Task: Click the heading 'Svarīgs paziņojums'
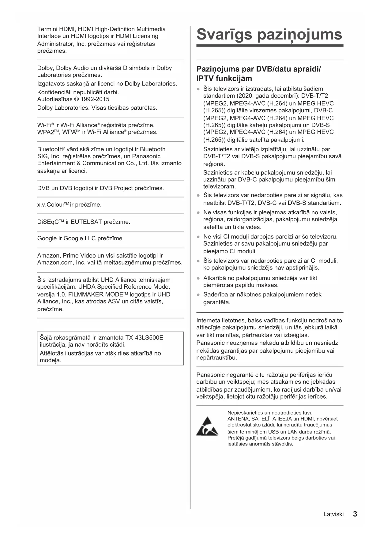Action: tap(269, 34)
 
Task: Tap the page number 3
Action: tap(355, 514)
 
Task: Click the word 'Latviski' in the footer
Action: tap(333, 514)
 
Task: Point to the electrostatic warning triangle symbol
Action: tap(207, 426)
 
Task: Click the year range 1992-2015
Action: tap(95, 99)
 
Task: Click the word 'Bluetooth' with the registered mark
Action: tap(50, 149)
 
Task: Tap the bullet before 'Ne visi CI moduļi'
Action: tap(198, 237)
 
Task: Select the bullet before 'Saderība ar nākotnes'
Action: tap(198, 295)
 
